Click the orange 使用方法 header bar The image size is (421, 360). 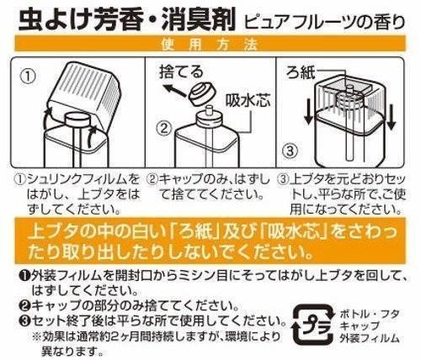[210, 44]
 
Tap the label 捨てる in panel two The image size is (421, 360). [181, 71]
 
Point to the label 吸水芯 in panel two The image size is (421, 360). [248, 101]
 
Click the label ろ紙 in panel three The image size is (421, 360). [301, 72]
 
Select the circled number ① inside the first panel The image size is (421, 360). [29, 77]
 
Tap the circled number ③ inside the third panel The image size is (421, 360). [290, 151]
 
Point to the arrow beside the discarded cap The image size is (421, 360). [175, 90]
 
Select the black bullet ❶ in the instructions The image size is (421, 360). [26, 276]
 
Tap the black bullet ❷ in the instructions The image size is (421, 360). [26, 305]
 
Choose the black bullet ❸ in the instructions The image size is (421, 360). [26, 320]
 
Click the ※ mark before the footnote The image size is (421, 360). [36, 336]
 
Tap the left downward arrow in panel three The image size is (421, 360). [309, 112]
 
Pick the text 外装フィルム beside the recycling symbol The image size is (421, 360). [370, 338]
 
